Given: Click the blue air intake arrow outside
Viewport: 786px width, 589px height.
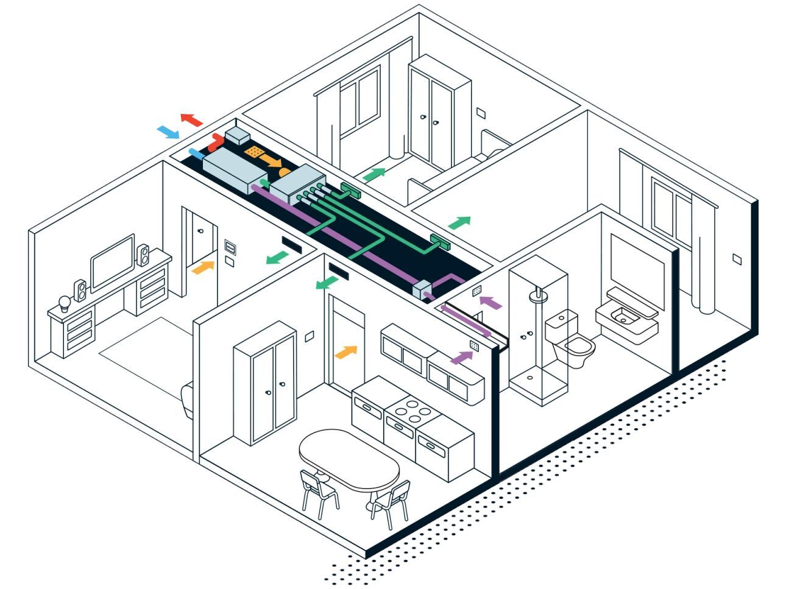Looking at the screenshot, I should coord(168,132).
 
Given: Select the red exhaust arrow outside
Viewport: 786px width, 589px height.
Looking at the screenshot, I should coord(191,119).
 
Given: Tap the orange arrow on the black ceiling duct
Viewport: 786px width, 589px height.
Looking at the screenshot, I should coord(271,161).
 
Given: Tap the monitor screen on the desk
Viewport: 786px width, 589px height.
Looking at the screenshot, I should coord(113,262).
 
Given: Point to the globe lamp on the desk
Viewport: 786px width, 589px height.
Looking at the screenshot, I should coord(65,302).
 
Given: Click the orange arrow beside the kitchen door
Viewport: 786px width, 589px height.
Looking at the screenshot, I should coord(346,351).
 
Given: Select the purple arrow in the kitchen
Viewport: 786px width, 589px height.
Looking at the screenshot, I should coord(461,357).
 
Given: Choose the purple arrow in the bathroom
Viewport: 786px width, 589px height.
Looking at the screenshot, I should coord(491,302).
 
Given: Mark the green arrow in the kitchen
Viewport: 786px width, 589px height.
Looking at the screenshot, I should coord(327,283).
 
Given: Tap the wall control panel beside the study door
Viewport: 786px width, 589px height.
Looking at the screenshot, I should coord(230,247).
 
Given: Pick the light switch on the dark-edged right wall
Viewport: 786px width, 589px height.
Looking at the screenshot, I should coord(737,259).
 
